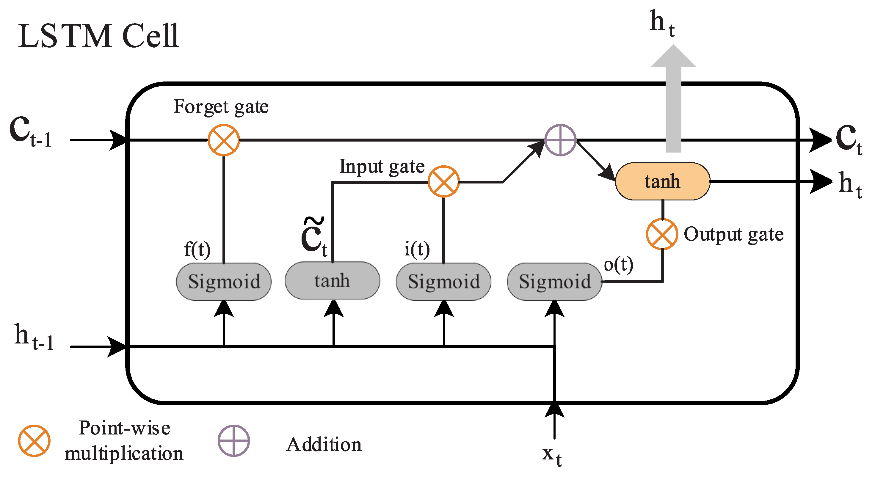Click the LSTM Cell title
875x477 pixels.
point(98,36)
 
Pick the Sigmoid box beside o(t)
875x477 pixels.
point(554,282)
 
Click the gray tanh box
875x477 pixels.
point(332,281)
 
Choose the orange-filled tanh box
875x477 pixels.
point(662,181)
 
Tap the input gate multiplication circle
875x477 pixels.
point(443,181)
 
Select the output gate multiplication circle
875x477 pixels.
point(662,234)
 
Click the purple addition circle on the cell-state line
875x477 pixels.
point(560,140)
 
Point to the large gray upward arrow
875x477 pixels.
point(673,98)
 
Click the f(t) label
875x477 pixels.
point(197,250)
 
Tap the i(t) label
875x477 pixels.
point(417,250)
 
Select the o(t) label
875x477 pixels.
point(618,264)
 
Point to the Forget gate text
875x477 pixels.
point(221,107)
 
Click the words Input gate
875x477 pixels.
point(382,167)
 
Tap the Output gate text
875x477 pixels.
point(734,234)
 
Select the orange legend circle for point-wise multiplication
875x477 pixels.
point(34,441)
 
